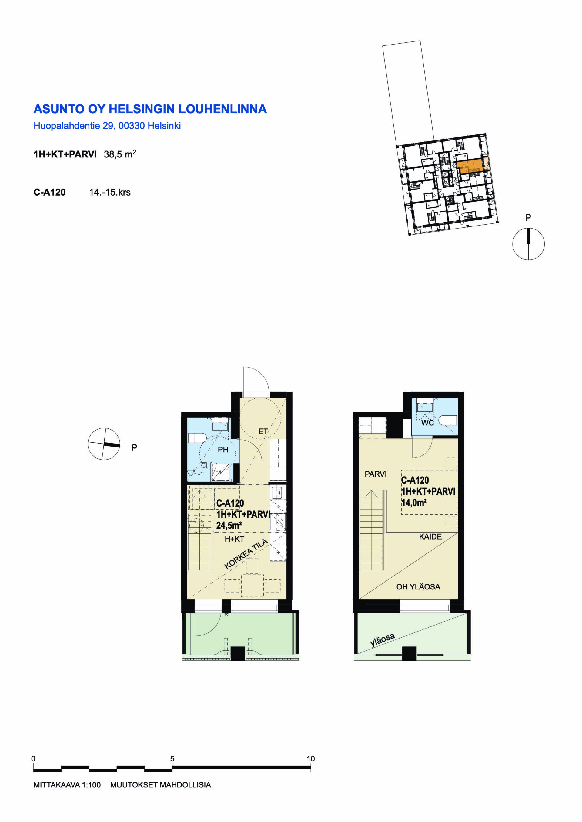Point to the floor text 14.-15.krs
pos(110,192)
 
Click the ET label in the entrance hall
pos(263,431)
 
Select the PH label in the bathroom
pos(223,450)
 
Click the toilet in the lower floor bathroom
pos(197,437)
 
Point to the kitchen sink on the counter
pos(278,493)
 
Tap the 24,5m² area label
pos(229,526)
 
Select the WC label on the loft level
pos(427,423)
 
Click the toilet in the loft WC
pos(448,420)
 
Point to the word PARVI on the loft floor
pos(376,474)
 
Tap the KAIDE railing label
pos(430,537)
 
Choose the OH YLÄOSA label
pos(418,586)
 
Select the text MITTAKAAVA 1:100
pos(67,785)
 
